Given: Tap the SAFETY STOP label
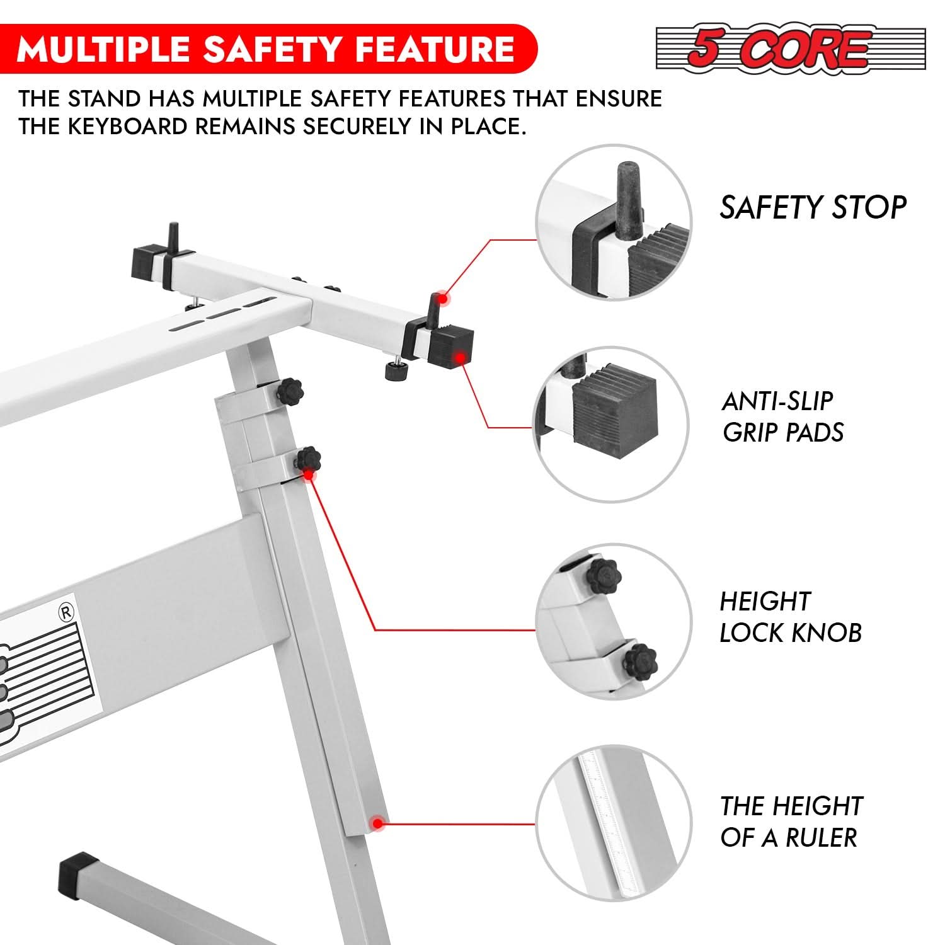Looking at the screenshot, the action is click(813, 207).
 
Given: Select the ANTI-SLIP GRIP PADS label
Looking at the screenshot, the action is click(783, 416).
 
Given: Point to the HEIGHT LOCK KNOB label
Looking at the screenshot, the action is click(791, 617).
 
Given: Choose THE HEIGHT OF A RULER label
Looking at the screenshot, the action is click(791, 822).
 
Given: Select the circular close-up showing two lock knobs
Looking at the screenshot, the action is click(614, 622).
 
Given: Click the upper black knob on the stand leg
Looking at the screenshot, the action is click(289, 393).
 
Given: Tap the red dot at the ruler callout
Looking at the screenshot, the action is click(377, 823).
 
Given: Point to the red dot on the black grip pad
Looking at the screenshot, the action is click(461, 358).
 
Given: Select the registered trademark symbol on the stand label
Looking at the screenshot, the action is click(66, 612).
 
